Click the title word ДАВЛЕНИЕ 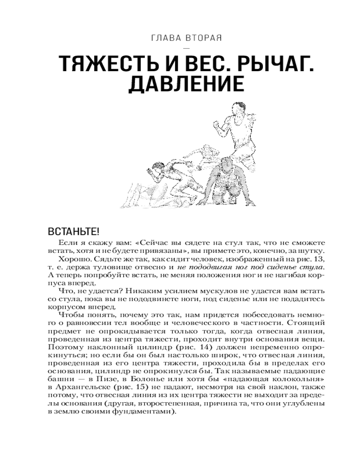[186, 85]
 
